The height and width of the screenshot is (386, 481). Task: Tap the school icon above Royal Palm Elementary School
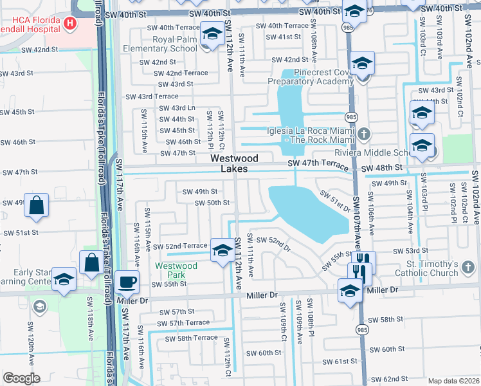[211, 33]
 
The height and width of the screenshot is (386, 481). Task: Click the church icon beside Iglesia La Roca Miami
[364, 134]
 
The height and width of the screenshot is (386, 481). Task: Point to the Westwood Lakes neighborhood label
[235, 163]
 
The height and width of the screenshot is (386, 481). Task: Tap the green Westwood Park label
[176, 270]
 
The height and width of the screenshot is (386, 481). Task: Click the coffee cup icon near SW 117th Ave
[127, 281]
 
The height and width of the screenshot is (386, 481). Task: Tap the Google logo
[21, 378]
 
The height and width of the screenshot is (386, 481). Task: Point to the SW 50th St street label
[212, 203]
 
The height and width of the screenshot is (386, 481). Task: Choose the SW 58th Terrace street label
[191, 338]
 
